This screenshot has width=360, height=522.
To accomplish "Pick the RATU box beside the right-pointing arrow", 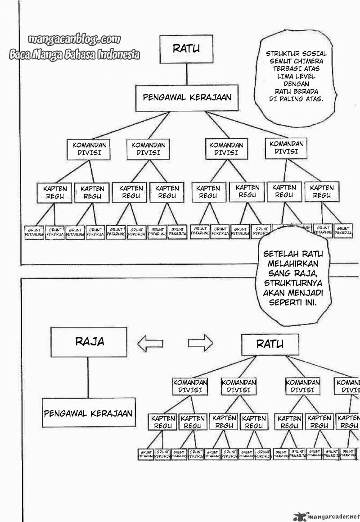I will tap(270, 345).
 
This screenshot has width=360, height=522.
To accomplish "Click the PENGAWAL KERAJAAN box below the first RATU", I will tap(187, 98).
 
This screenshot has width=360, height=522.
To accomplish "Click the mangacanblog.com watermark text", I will tap(75, 40).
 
